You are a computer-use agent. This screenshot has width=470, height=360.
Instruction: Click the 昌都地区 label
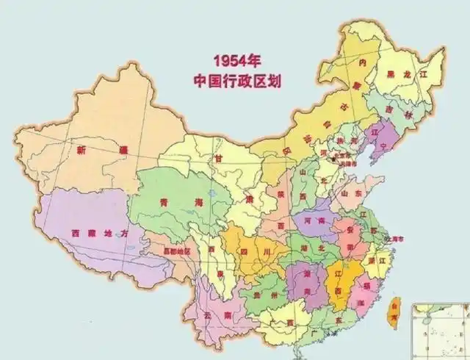pyautogui.click(x=176, y=251)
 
